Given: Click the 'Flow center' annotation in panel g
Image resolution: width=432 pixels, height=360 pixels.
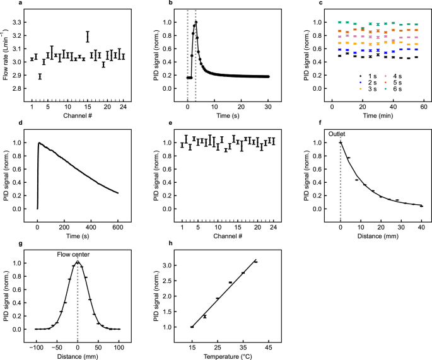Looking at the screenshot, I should [78, 255].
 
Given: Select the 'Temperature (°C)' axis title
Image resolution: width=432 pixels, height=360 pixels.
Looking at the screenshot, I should [230, 357].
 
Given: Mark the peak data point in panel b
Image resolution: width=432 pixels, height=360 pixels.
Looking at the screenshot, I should [196, 23].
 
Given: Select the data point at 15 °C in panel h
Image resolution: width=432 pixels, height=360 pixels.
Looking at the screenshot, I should [192, 327].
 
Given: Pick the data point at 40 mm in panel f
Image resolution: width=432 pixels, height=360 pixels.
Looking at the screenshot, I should [421, 206].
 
